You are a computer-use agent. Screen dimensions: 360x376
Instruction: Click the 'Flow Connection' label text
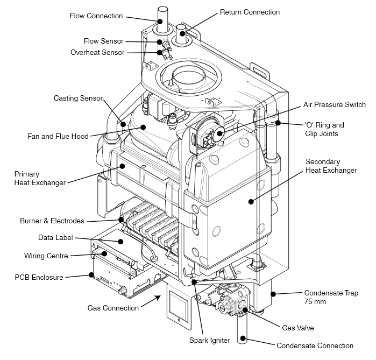pyautogui.click(x=97, y=16)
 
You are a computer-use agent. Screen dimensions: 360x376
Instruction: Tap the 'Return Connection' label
pyautogui.click(x=250, y=12)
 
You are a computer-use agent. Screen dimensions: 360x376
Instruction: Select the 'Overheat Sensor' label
pyautogui.click(x=97, y=52)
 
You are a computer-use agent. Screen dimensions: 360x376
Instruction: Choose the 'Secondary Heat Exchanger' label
pyautogui.click(x=331, y=166)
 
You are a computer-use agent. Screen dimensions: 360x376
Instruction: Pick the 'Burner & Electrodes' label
pyautogui.click(x=52, y=221)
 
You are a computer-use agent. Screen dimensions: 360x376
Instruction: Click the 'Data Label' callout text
pyautogui.click(x=55, y=237)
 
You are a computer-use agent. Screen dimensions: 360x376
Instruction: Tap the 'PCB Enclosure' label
pyautogui.click(x=39, y=277)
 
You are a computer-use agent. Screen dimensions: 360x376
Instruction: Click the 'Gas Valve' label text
pyautogui.click(x=297, y=327)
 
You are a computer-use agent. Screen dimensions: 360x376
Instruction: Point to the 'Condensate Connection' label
pyautogui.click(x=315, y=345)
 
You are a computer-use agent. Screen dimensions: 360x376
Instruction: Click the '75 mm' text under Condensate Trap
pyautogui.click(x=315, y=301)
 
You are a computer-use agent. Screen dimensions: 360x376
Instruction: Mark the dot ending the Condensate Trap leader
pyautogui.click(x=273, y=293)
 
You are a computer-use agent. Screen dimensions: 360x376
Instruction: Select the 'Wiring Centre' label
pyautogui.click(x=46, y=256)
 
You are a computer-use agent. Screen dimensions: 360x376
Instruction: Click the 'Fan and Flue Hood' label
pyautogui.click(x=58, y=136)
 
